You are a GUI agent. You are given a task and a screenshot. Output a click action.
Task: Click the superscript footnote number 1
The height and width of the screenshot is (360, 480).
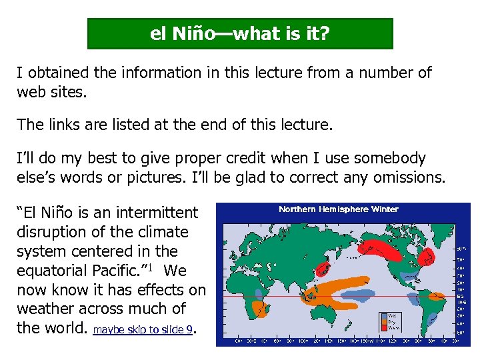[x=152, y=267]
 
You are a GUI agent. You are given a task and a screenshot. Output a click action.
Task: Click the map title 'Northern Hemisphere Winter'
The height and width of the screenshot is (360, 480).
[x=338, y=209]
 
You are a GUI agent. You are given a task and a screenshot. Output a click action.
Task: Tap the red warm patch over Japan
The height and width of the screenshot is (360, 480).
[x=323, y=269]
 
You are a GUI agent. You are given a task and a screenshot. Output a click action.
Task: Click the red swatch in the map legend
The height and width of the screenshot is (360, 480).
[x=384, y=327]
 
